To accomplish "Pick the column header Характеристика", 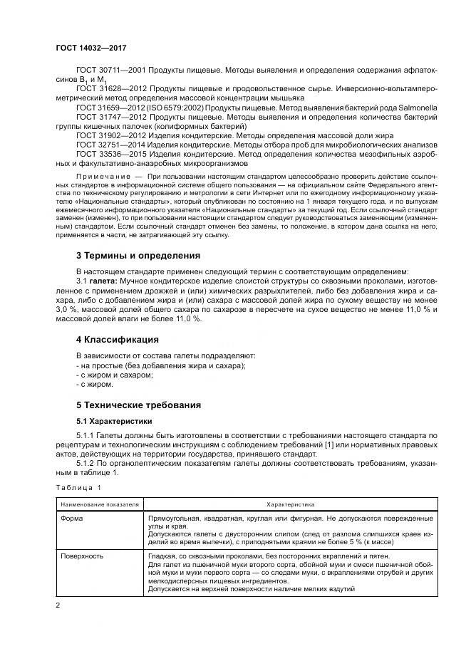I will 286,504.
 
